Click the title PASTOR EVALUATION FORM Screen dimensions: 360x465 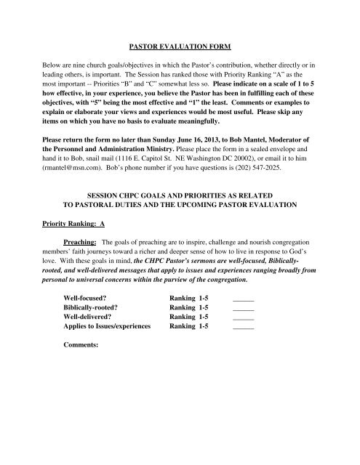pyautogui.click(x=180, y=47)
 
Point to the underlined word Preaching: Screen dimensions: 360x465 pyautogui.click(x=80, y=260)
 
